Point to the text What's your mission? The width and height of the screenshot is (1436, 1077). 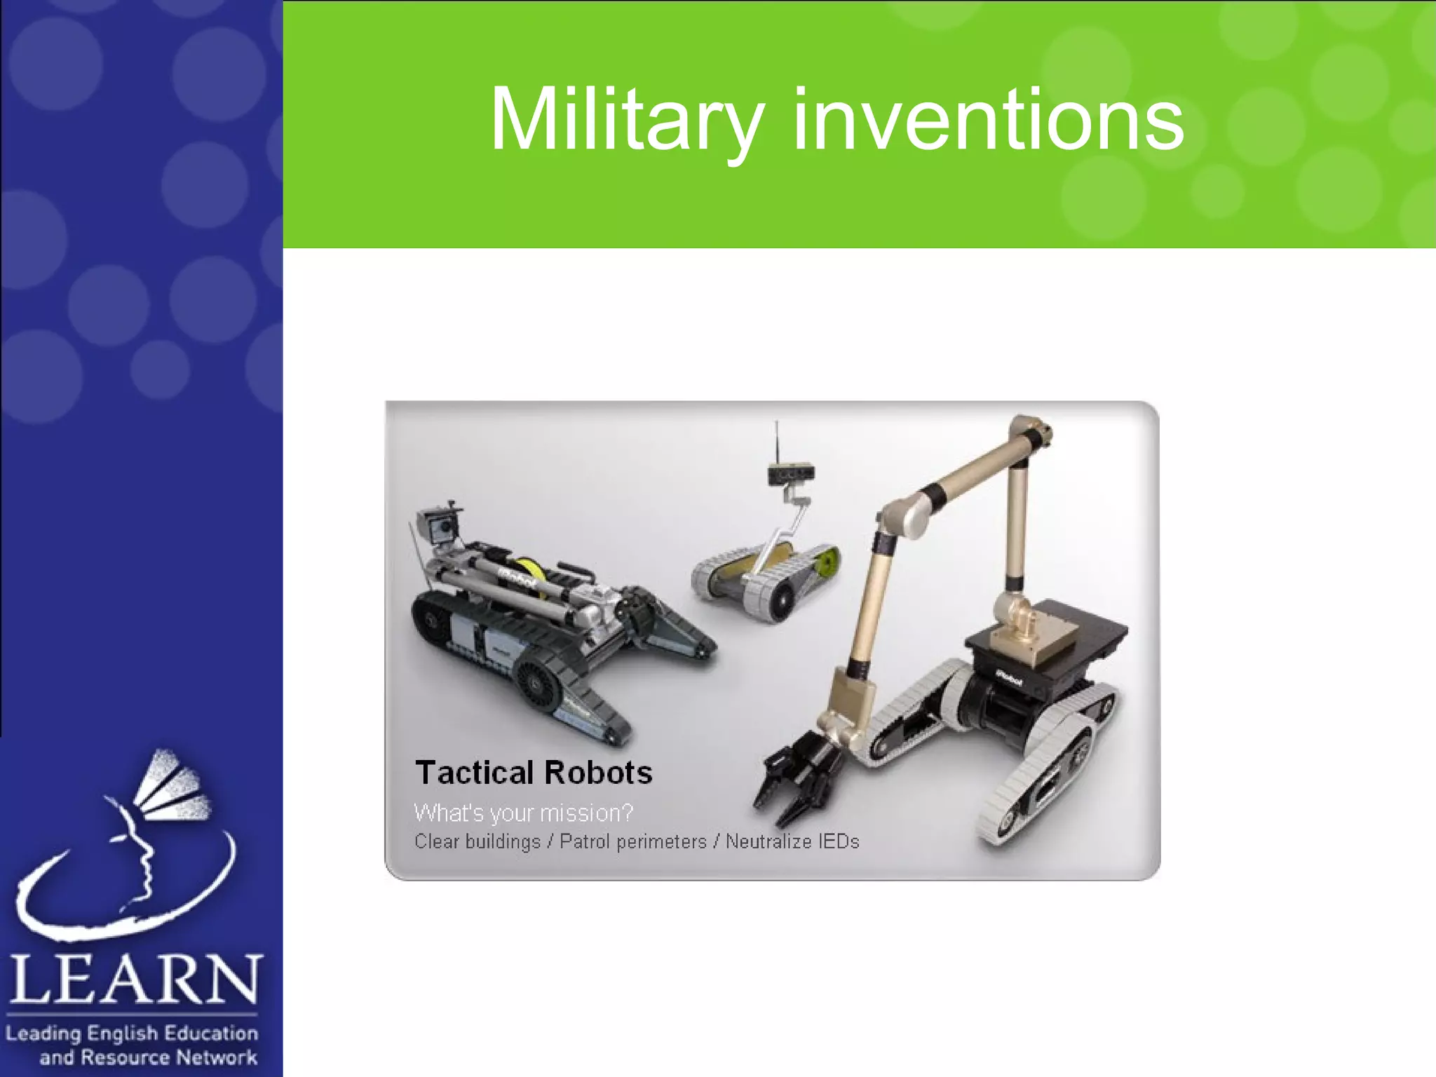[x=523, y=813]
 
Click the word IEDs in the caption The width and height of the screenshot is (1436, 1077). [x=838, y=841]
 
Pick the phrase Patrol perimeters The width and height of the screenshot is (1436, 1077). [x=632, y=841]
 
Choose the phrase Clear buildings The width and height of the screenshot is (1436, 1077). [x=477, y=841]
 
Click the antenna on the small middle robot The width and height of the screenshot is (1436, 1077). [x=776, y=442]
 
